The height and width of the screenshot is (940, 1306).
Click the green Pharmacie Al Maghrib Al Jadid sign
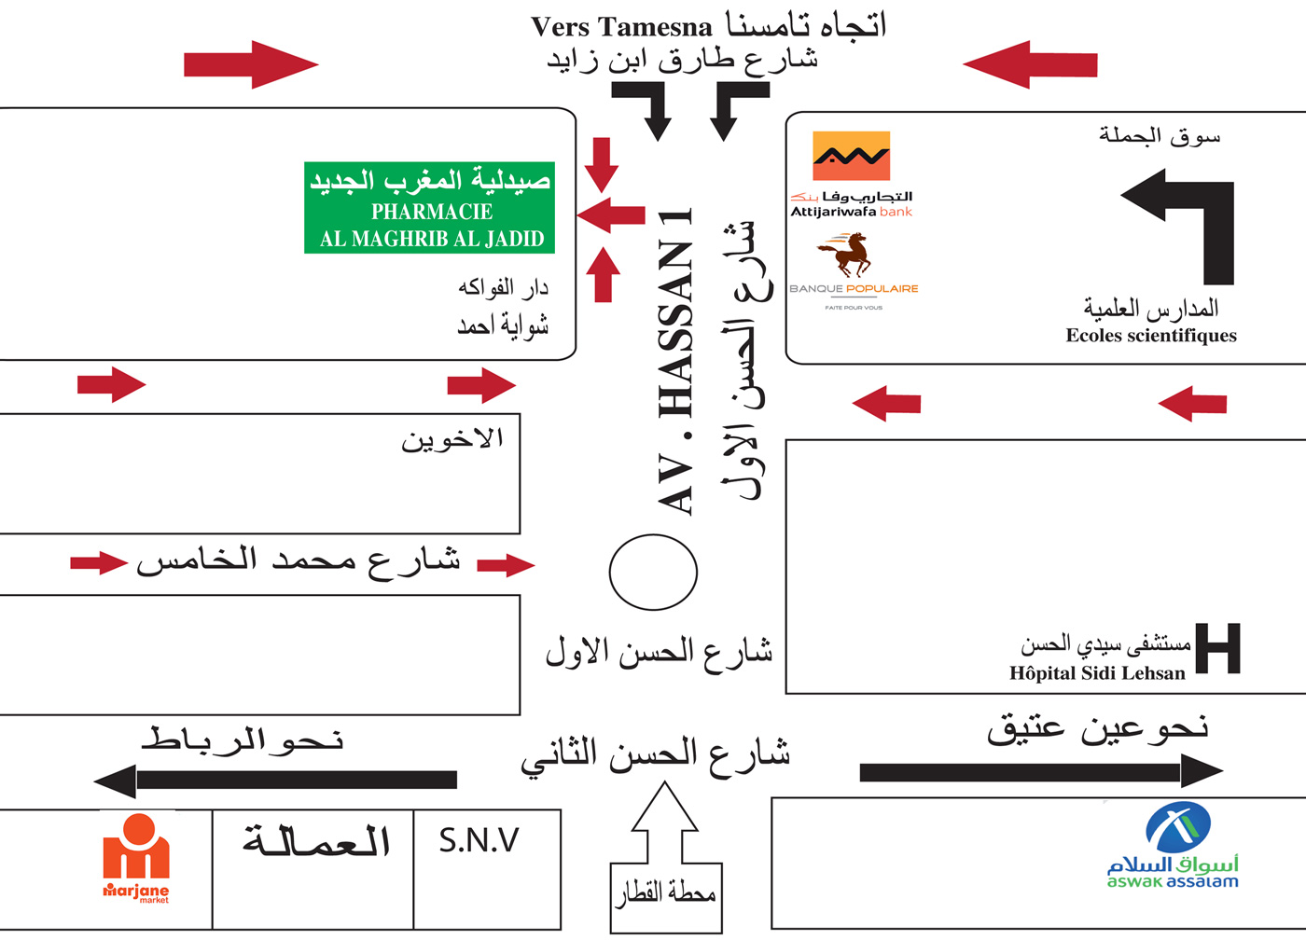click(430, 208)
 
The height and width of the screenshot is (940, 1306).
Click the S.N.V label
click(479, 841)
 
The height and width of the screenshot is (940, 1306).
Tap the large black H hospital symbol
click(1217, 648)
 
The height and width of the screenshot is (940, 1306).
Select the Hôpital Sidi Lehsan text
click(1097, 673)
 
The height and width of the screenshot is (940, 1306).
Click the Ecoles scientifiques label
click(1151, 336)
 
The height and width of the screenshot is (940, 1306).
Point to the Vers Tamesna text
click(621, 27)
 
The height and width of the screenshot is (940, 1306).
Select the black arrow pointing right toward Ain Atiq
click(1040, 771)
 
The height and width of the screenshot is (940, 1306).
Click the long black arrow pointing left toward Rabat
click(276, 780)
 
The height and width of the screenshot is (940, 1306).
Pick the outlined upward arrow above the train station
click(664, 821)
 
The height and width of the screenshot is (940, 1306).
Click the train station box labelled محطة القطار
click(665, 896)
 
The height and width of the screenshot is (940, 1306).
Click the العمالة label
click(316, 841)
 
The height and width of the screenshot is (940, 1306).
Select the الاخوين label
click(452, 439)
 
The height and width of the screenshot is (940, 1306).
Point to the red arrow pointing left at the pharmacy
click(611, 215)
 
